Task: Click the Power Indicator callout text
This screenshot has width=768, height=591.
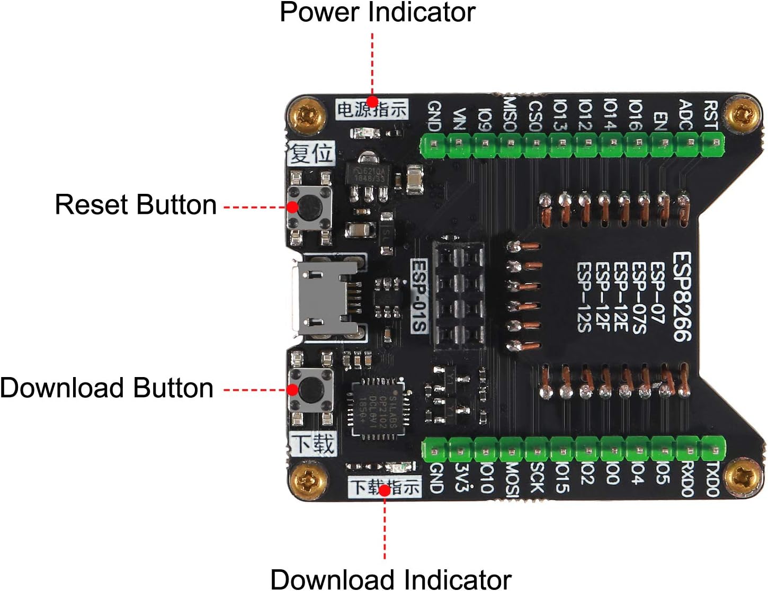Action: coord(377,13)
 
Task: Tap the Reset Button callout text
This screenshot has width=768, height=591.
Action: coord(136,205)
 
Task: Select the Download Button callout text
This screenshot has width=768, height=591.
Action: coord(107,388)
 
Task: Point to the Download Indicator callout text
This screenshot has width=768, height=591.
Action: coord(391,579)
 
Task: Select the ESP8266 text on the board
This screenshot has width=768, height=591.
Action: coord(682,297)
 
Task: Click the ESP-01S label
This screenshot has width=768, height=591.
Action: coord(419,295)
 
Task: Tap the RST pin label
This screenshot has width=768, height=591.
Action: coord(710,115)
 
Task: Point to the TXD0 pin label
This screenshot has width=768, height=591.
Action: coord(712,479)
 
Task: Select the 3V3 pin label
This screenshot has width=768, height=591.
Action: coord(461,478)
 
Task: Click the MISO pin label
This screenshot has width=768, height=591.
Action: coord(509,113)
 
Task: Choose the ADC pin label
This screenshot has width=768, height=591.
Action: coord(686,115)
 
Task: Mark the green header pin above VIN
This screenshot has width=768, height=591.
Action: coord(459,144)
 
